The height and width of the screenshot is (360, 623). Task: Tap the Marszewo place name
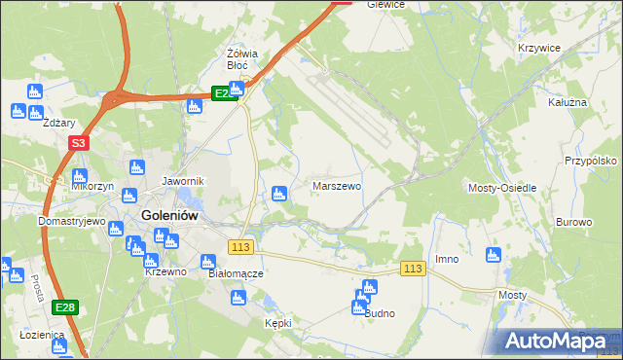[337, 185]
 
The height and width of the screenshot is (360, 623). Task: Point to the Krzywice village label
[541, 47]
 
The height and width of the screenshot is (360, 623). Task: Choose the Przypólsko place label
[592, 161]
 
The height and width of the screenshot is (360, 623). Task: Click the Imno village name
[447, 259]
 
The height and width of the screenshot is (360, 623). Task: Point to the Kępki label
[277, 322]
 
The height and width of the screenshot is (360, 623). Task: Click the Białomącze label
[236, 274]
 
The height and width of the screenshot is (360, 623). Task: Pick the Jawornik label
[182, 181]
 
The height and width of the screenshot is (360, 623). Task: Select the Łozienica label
[41, 335]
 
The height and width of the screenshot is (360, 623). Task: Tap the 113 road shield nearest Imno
[413, 269]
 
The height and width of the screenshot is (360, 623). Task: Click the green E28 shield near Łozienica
[65, 307]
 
